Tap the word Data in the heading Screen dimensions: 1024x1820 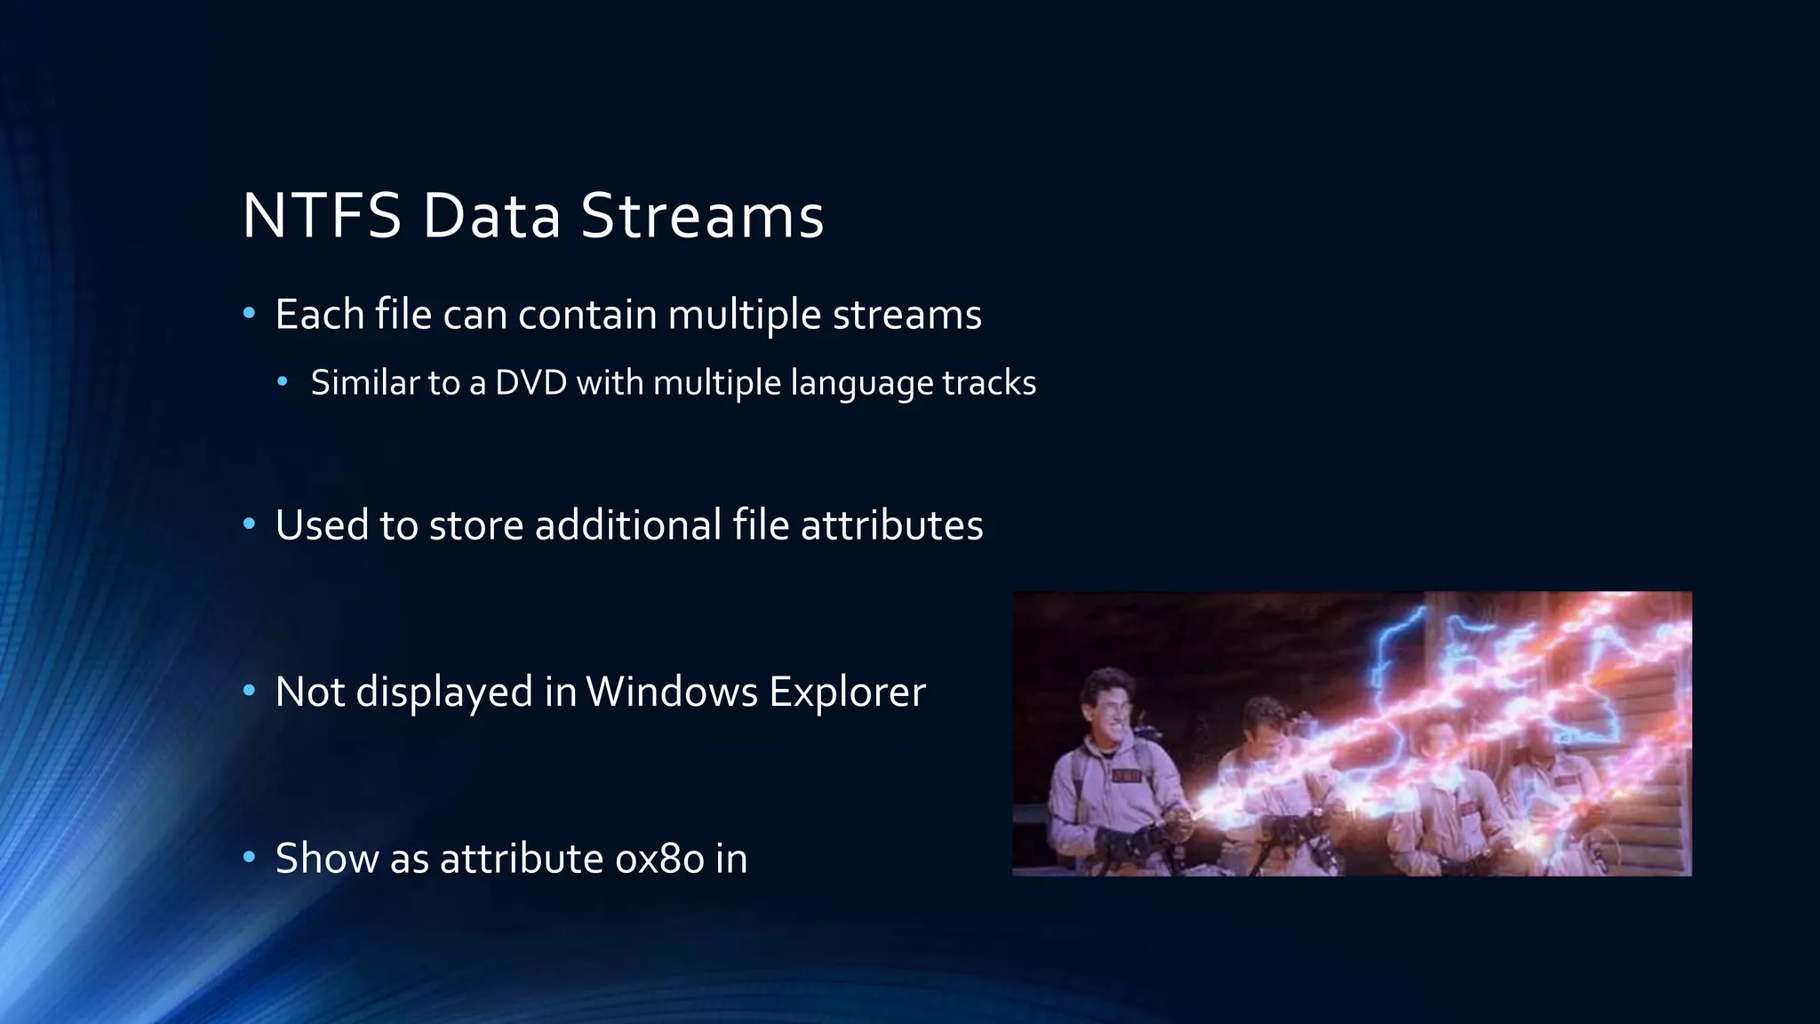click(491, 216)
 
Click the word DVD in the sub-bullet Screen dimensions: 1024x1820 click(531, 383)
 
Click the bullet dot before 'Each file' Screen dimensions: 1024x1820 click(250, 313)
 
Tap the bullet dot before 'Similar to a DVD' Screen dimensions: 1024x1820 click(283, 382)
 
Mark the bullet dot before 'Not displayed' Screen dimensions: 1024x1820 click(250, 691)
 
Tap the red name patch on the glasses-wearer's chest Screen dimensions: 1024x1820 click(1126, 776)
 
